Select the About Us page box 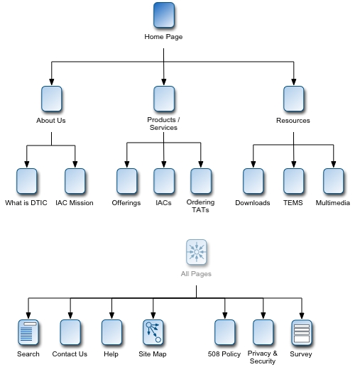51,99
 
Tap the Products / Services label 163,124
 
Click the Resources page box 293,99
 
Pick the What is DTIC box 26,182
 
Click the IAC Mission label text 75,203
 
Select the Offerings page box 126,182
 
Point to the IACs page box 164,182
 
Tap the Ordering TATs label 201,206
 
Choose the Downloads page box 253,182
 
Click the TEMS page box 293,182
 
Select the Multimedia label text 333,203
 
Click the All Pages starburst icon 197,252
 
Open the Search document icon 28,332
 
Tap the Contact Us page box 70,332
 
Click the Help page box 111,332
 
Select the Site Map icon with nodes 153,332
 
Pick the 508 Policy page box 224,332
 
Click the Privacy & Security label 263,357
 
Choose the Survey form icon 302,332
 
